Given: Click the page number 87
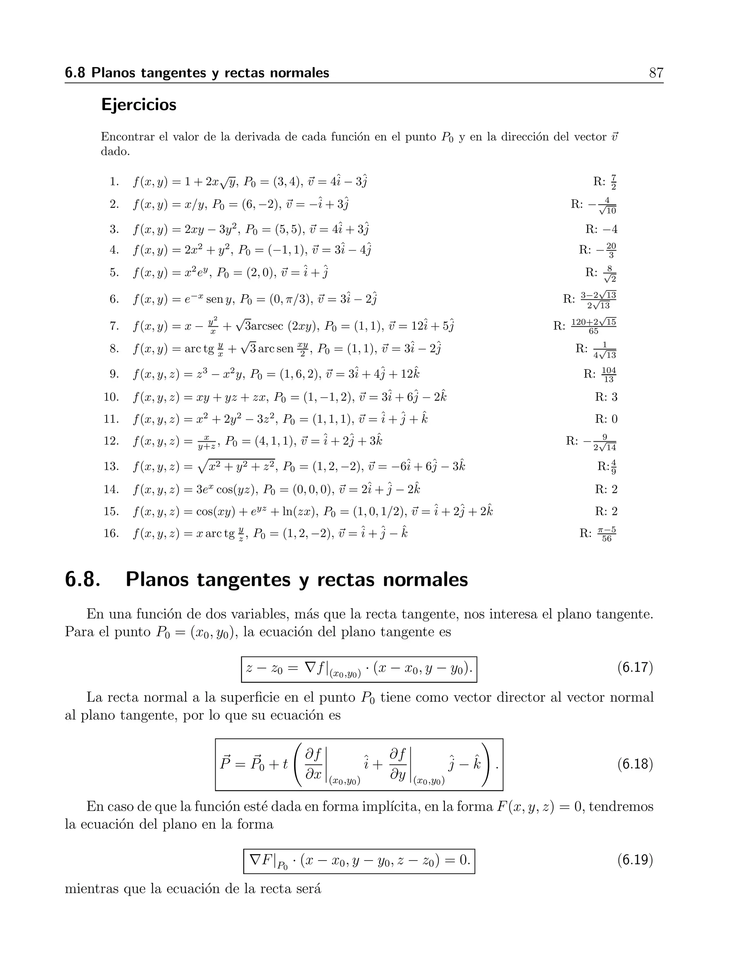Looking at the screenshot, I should [x=656, y=73].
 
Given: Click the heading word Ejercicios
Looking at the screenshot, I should [x=139, y=105].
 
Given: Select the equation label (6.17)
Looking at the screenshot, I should [x=635, y=667].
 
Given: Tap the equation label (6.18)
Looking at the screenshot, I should [x=635, y=764].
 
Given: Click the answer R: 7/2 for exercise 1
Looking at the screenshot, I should [x=605, y=182].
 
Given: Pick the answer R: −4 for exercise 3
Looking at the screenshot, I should [x=602, y=229].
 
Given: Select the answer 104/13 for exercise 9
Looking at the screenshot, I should [x=608, y=375].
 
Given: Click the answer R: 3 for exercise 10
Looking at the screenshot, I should [x=606, y=397].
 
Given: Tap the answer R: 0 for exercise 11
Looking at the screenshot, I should [x=606, y=419].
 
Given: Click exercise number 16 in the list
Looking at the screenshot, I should [x=111, y=533].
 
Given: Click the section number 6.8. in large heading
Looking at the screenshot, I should [x=83, y=580].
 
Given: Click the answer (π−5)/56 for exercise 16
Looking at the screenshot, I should [x=606, y=534].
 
